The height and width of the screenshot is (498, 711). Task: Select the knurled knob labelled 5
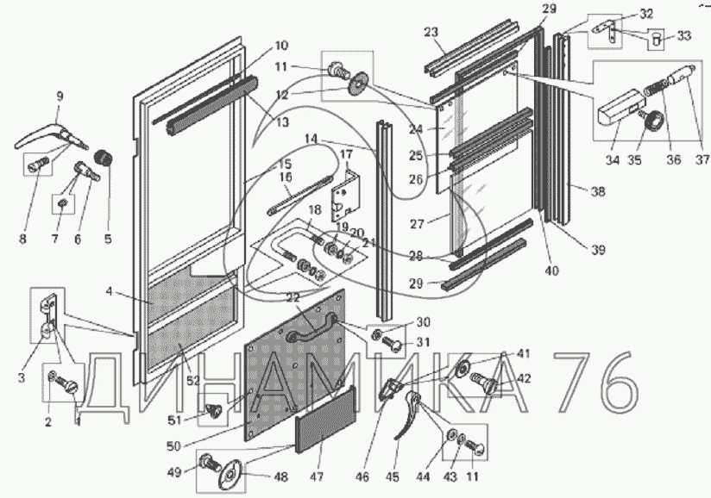(x=104, y=159)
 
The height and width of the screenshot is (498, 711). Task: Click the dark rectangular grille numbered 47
(x=326, y=425)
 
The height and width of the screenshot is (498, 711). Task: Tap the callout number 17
(x=345, y=155)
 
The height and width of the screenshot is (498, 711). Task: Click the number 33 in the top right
(x=684, y=35)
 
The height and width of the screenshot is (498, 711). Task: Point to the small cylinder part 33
(x=658, y=38)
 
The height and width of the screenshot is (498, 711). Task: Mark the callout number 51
(x=198, y=421)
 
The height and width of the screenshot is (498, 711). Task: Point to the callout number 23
(x=431, y=33)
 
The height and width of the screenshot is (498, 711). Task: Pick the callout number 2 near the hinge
(x=47, y=421)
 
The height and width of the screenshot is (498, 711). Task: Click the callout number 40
(x=551, y=271)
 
